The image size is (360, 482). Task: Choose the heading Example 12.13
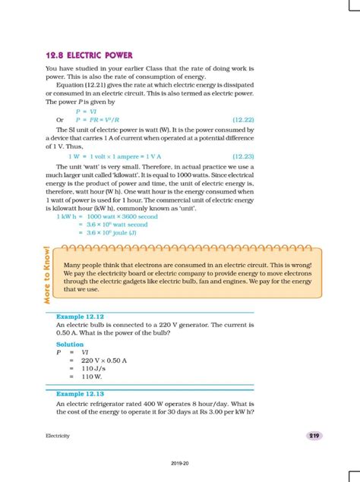(80, 395)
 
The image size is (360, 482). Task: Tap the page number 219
(314, 435)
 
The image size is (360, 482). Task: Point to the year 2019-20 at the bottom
(180, 462)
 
